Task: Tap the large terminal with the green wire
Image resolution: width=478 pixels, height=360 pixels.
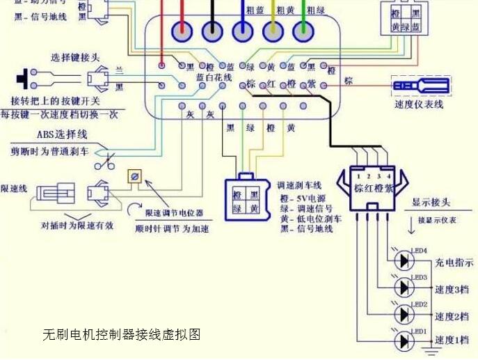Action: (x=301, y=31)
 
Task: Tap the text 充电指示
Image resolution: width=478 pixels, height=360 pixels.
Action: (x=454, y=263)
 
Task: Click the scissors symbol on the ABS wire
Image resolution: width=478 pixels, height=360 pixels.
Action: (x=106, y=165)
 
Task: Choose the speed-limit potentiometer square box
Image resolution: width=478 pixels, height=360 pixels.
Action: (x=134, y=177)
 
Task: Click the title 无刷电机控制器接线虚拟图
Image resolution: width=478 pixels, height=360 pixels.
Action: (x=122, y=335)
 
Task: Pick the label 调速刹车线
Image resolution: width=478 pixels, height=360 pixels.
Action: (x=298, y=185)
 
